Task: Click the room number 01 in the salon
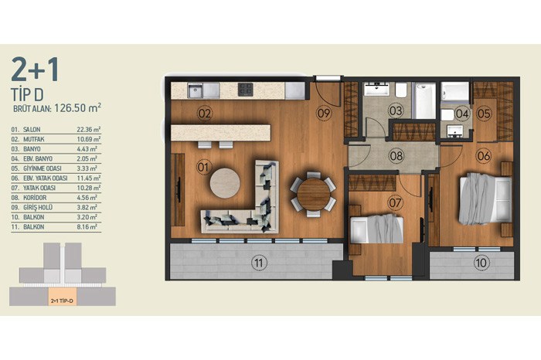click(x=203, y=167)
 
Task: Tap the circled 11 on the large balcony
click(x=258, y=263)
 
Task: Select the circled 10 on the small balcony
click(x=481, y=263)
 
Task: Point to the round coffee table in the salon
click(x=225, y=183)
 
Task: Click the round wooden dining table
click(x=313, y=194)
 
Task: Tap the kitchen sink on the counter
click(x=195, y=90)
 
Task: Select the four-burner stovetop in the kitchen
click(x=245, y=90)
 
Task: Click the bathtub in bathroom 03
click(x=424, y=100)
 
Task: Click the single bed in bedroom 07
click(x=377, y=229)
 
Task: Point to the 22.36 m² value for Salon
click(x=89, y=130)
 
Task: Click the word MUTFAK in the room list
click(x=34, y=140)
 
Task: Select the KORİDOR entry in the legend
click(x=35, y=198)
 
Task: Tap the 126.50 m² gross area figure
click(x=77, y=107)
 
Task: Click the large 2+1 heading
click(x=36, y=70)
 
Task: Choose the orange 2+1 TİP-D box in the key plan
click(x=62, y=301)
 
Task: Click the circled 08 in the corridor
click(x=396, y=156)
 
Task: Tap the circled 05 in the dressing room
click(x=484, y=113)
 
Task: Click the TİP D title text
click(x=27, y=94)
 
